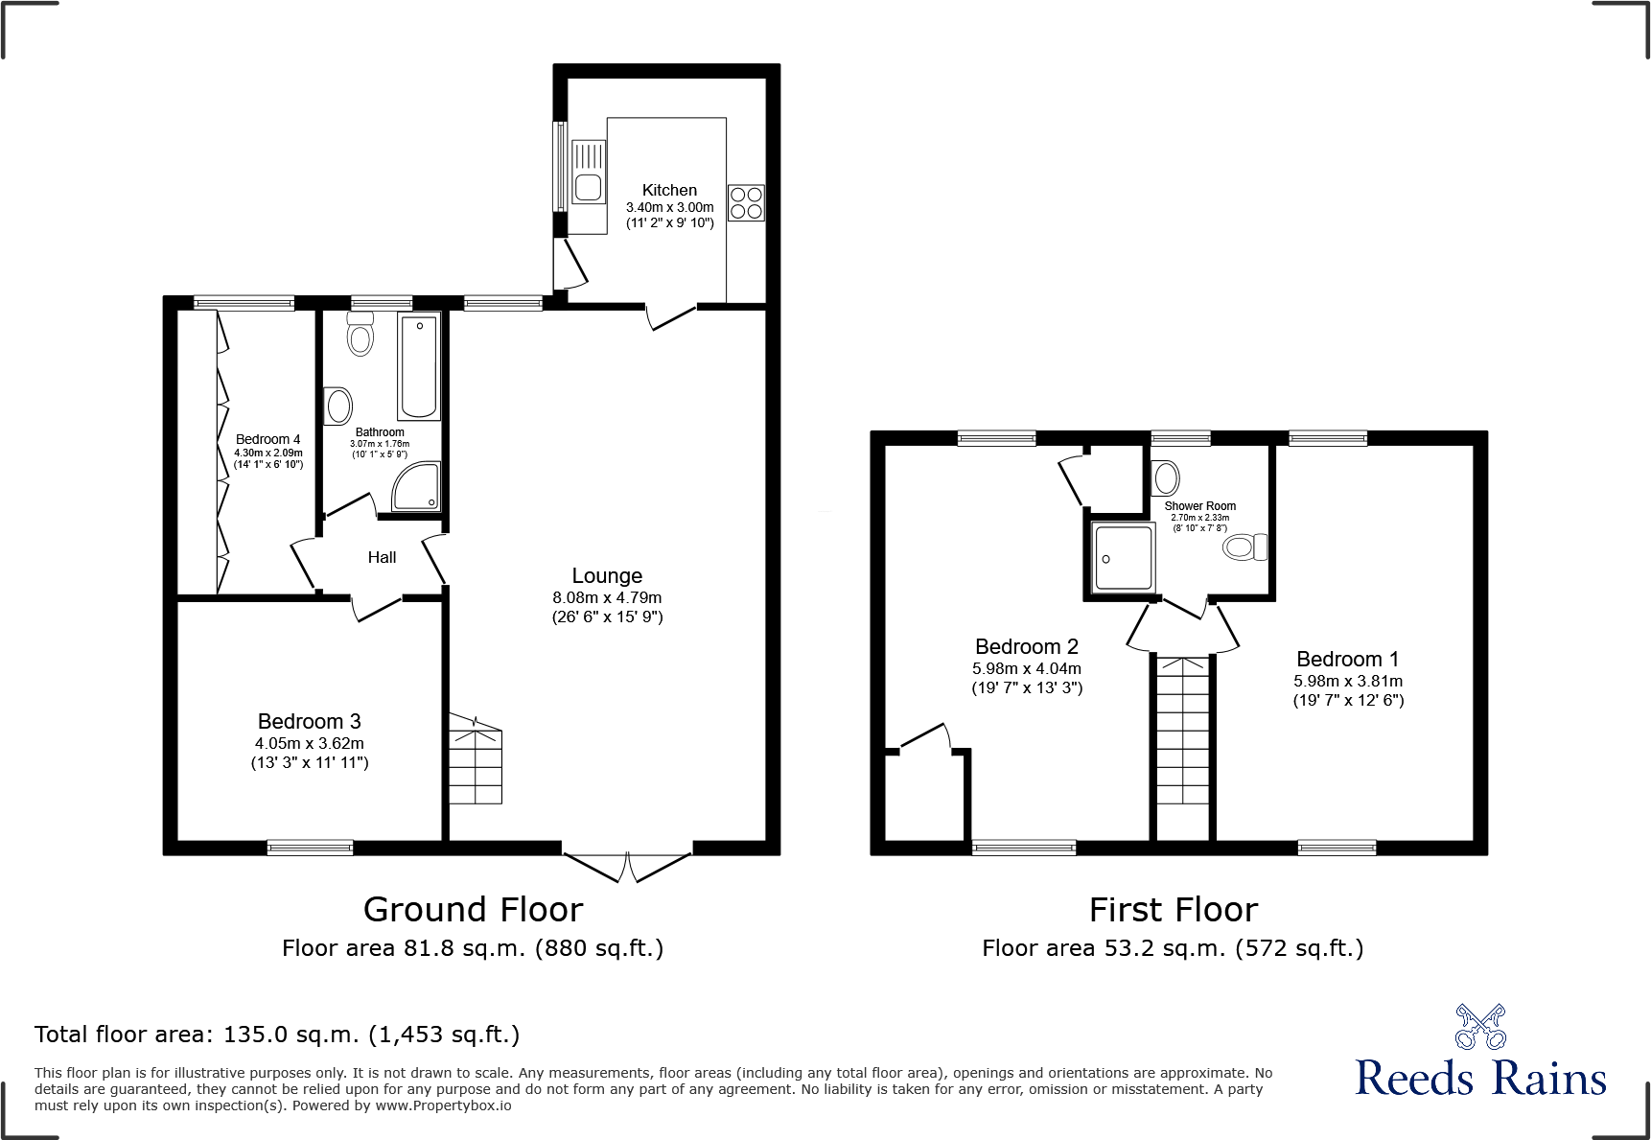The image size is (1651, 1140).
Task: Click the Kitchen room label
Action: click(669, 190)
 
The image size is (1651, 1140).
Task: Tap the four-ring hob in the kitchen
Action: click(746, 202)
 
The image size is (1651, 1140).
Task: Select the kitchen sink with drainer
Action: click(588, 174)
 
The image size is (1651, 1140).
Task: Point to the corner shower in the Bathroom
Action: click(417, 486)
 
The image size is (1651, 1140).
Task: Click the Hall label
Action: click(382, 557)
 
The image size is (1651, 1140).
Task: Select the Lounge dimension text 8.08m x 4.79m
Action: click(607, 597)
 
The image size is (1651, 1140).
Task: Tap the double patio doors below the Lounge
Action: click(627, 866)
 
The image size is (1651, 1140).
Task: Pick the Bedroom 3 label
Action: click(309, 721)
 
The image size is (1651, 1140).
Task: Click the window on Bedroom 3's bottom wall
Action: click(310, 847)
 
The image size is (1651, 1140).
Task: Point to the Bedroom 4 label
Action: click(267, 439)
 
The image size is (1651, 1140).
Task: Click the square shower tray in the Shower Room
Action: click(1123, 558)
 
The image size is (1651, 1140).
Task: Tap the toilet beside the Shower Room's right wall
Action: click(1244, 547)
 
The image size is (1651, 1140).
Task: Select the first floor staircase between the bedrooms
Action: click(1182, 733)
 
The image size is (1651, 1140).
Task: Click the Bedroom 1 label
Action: click(1347, 659)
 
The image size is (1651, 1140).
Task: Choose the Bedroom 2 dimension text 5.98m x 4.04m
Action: click(1026, 668)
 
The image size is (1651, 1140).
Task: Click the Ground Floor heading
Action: click(473, 909)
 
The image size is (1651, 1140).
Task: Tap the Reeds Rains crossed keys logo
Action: click(1480, 1027)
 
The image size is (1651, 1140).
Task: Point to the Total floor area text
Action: click(277, 1035)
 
